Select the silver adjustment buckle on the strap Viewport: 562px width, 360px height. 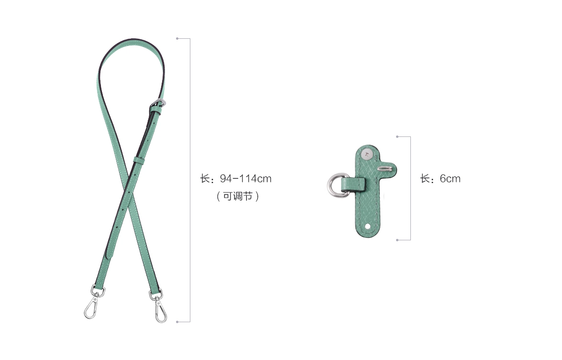click(x=158, y=104)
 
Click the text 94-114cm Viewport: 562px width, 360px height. click(x=245, y=179)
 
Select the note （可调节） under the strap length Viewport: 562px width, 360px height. click(x=238, y=196)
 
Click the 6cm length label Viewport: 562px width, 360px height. click(x=450, y=179)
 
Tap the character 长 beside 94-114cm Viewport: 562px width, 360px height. click(x=205, y=179)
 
